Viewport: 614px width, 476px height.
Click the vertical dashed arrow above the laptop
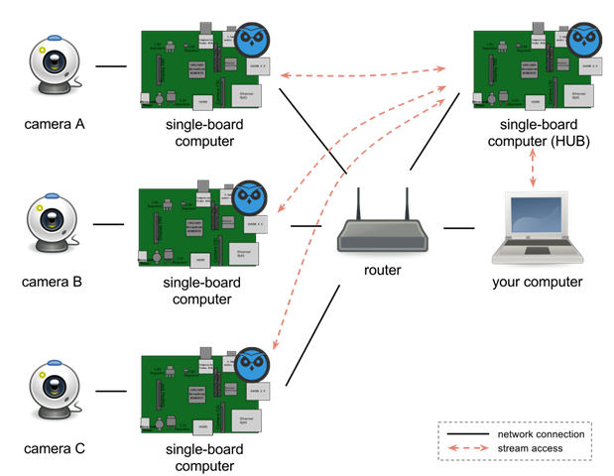point(533,168)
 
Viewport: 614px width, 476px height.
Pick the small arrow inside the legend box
point(468,448)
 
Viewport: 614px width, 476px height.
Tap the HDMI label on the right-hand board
point(534,100)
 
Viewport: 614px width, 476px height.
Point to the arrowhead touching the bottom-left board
point(275,347)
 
